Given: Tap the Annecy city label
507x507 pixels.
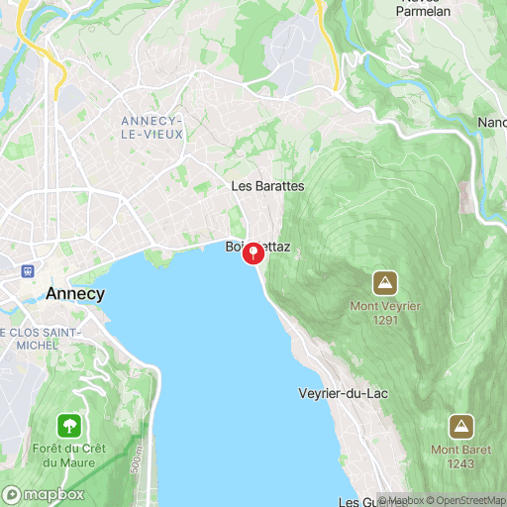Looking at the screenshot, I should click(75, 294).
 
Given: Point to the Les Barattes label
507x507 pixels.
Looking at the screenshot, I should click(266, 186).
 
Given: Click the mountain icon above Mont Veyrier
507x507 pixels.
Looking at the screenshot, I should click(385, 282).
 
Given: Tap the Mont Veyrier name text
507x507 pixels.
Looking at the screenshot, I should click(385, 306).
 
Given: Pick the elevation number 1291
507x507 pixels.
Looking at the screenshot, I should click(385, 320).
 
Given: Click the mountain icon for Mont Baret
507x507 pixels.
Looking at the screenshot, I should click(460, 427).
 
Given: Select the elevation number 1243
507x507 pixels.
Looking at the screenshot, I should click(460, 464).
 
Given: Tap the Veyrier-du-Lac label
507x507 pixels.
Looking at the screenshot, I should click(344, 393).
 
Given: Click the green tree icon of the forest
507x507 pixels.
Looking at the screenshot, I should click(69, 427).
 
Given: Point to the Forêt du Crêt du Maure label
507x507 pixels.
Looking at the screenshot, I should click(69, 457).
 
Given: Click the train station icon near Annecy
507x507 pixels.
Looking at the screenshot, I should click(27, 270).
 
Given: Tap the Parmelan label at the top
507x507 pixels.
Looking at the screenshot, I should click(424, 11).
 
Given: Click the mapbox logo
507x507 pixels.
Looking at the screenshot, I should click(45, 494).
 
